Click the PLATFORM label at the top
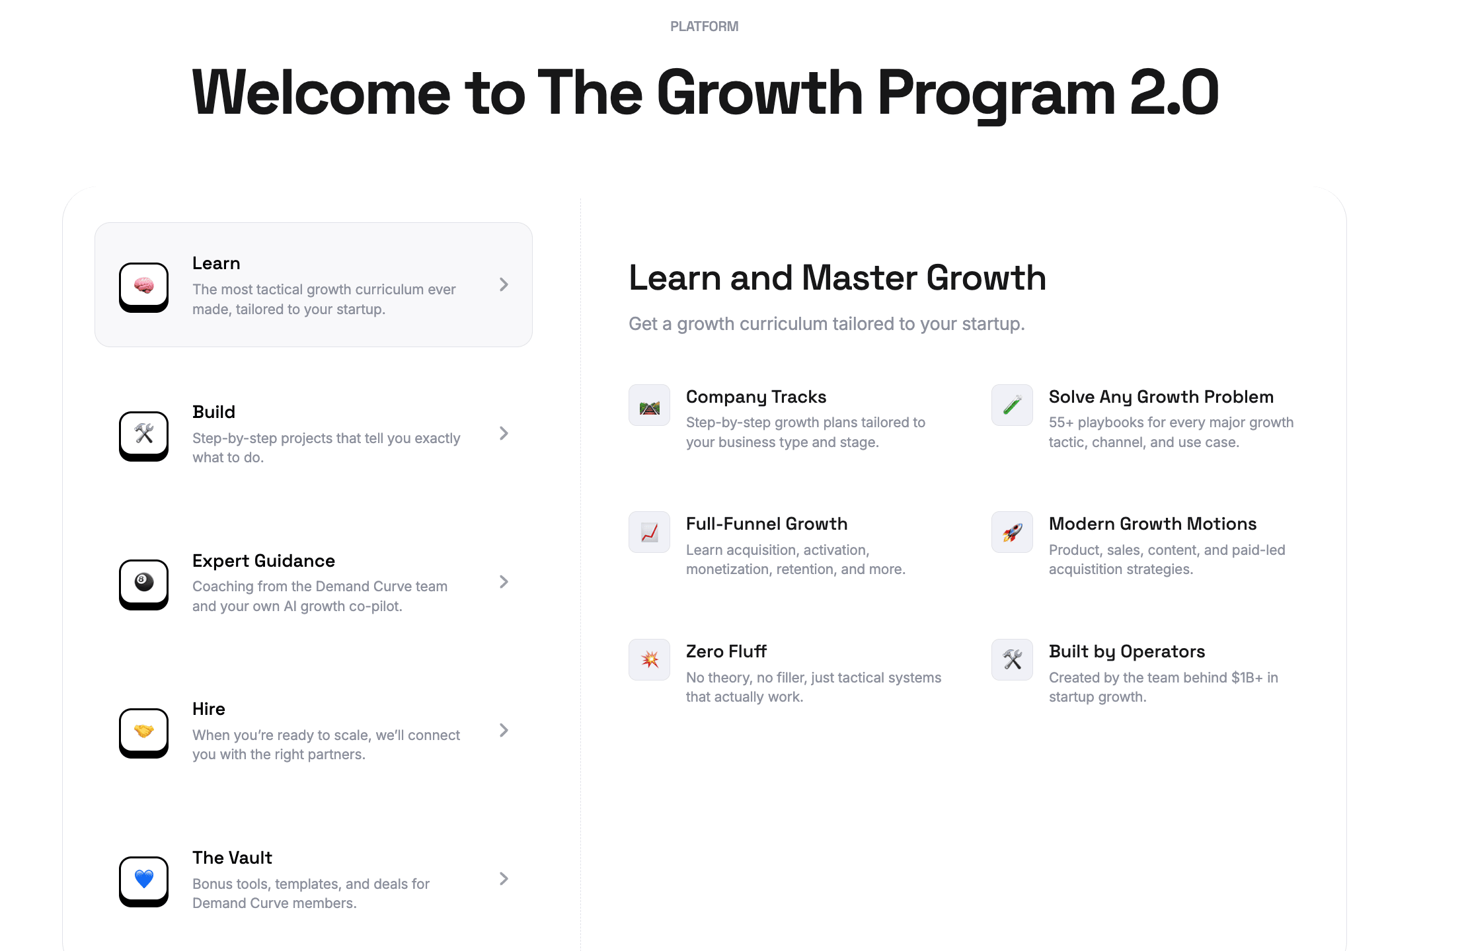coord(704,26)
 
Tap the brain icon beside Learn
coord(144,286)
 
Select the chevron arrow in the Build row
coord(504,433)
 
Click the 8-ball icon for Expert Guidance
coord(144,582)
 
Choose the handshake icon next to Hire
coord(144,731)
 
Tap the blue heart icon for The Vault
coord(144,879)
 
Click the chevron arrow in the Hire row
coord(504,730)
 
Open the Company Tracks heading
coord(756,397)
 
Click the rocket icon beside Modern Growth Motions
coord(1012,532)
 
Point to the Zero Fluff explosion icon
coord(650,659)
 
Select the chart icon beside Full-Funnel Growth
coord(650,532)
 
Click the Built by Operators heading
coord(1127,652)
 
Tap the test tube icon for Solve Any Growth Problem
coord(1012,405)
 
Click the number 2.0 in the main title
coord(1174,93)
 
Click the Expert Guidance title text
coord(264,561)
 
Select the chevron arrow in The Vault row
coord(504,879)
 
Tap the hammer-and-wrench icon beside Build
coord(144,434)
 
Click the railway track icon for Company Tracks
coord(650,407)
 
